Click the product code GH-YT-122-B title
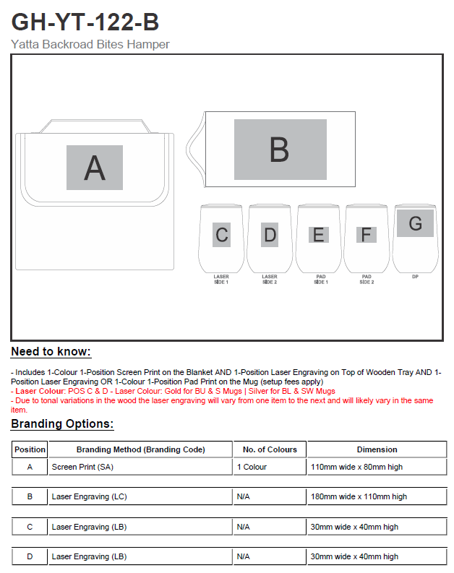[x=85, y=22]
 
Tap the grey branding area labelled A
[x=95, y=168]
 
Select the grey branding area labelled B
[x=280, y=150]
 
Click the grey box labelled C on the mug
[x=222, y=235]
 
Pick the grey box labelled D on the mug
[x=270, y=235]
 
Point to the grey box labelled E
[x=319, y=235]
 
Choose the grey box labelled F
[x=367, y=235]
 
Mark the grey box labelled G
[x=415, y=223]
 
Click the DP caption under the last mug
[x=415, y=276]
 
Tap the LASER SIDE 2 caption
[x=270, y=279]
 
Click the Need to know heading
[x=51, y=352]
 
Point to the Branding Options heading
[x=62, y=424]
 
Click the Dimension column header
[x=377, y=449]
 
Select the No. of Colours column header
[x=270, y=449]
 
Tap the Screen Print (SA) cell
[x=82, y=467]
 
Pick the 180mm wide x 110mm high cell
[x=359, y=497]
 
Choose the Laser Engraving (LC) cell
[x=89, y=497]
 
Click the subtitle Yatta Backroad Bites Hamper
[x=90, y=44]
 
